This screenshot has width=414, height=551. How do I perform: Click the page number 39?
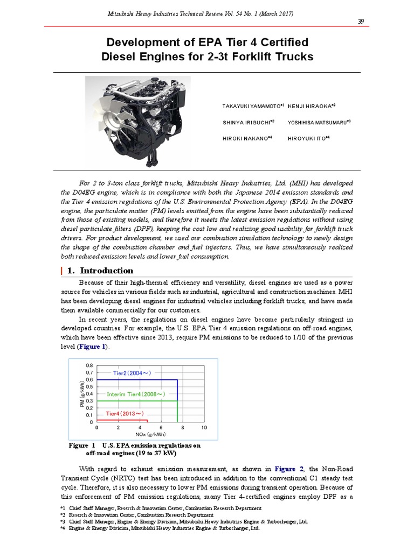tap(361, 21)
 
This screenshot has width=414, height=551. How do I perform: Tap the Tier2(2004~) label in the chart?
tap(132, 372)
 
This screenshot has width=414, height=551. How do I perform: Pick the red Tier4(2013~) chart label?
tap(125, 413)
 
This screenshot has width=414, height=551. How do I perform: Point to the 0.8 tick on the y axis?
tap(89, 365)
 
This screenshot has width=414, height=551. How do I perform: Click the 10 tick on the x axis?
tap(204, 428)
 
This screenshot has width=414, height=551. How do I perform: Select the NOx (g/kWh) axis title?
tap(150, 434)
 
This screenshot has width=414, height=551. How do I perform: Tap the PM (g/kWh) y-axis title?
tap(81, 393)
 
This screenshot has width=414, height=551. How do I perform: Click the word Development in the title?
tap(141, 42)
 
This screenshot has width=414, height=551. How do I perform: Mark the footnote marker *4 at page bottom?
tap(62, 528)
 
